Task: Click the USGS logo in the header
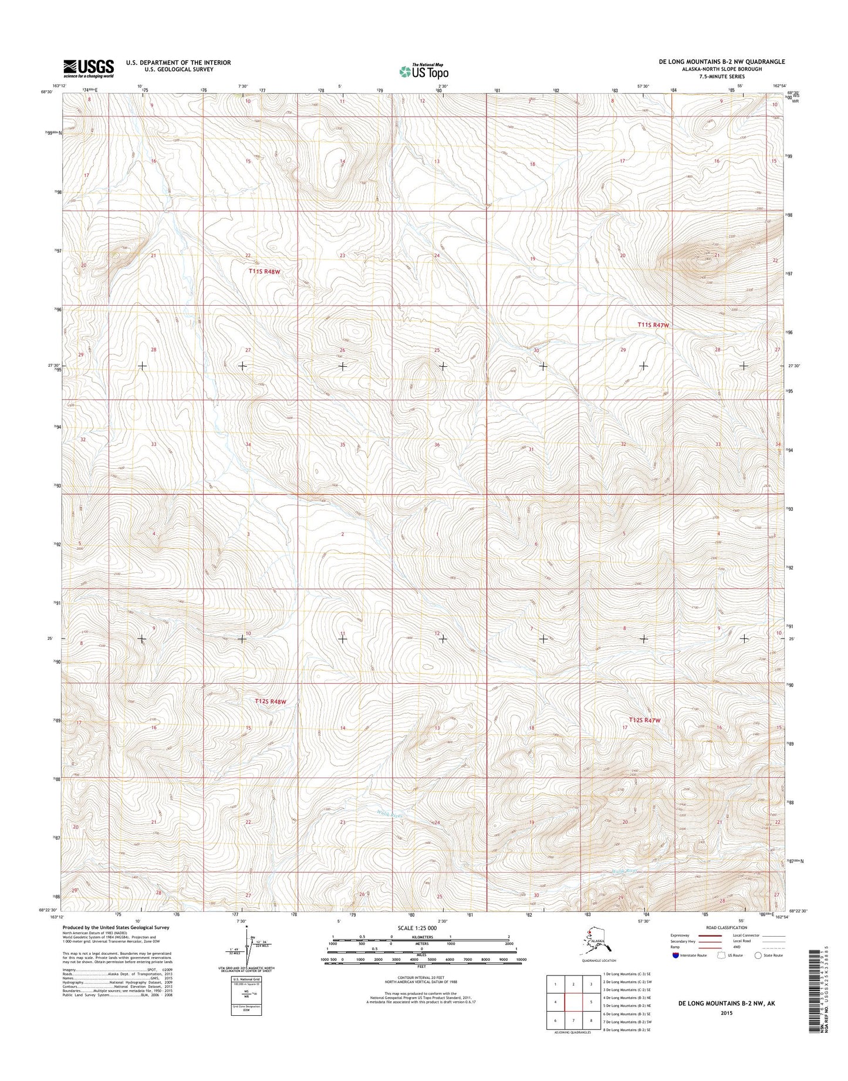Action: click(x=89, y=68)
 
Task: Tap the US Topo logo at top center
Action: click(x=424, y=71)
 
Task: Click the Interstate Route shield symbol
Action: click(x=676, y=971)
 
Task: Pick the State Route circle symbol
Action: click(x=758, y=972)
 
